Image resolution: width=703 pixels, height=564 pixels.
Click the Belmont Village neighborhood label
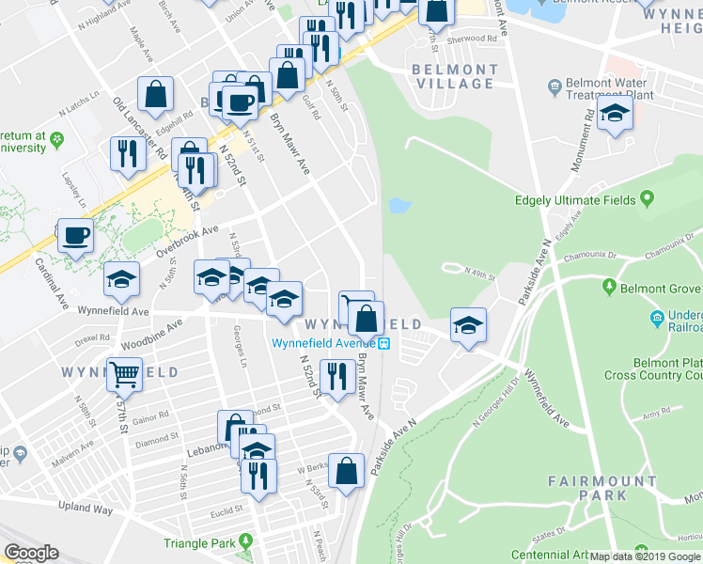tap(454, 76)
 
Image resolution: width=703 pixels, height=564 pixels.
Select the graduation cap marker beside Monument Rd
tap(615, 114)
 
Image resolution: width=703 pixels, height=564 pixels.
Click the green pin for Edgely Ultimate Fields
tap(647, 199)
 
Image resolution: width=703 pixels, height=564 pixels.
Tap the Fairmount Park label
tap(602, 487)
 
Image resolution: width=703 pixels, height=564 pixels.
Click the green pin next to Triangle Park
tap(245, 540)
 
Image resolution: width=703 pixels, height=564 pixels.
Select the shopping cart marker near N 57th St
tap(124, 375)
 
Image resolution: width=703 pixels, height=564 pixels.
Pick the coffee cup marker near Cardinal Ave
tap(75, 235)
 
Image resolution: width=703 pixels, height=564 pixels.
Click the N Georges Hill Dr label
tap(498, 394)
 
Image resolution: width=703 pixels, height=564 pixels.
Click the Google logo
tap(31, 553)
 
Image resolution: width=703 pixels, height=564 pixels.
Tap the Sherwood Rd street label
tap(472, 39)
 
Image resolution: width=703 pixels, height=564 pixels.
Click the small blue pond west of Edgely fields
tap(399, 205)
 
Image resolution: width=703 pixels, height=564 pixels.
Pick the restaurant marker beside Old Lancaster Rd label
tap(126, 154)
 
